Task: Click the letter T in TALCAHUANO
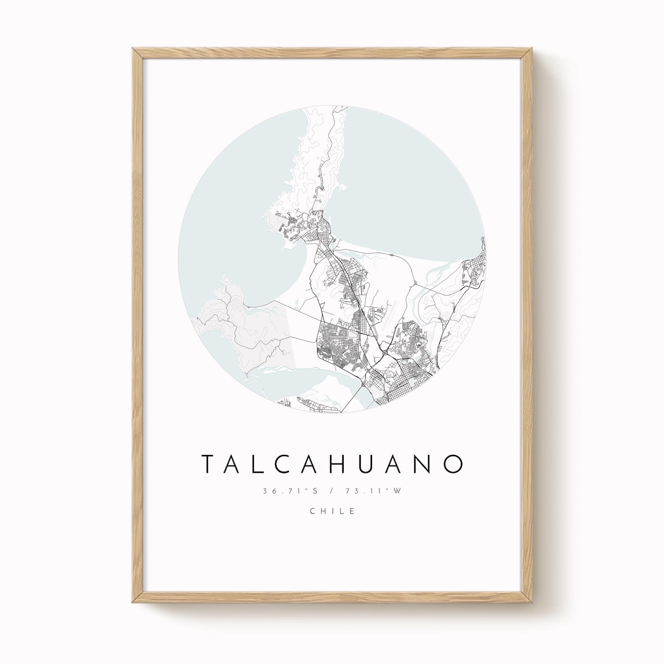[x=210, y=465]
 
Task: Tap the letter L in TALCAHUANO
[x=265, y=465]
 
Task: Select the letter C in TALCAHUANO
[x=293, y=465]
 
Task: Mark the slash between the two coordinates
[x=332, y=491]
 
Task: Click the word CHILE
[x=332, y=511]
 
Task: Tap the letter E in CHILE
[x=352, y=511]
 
